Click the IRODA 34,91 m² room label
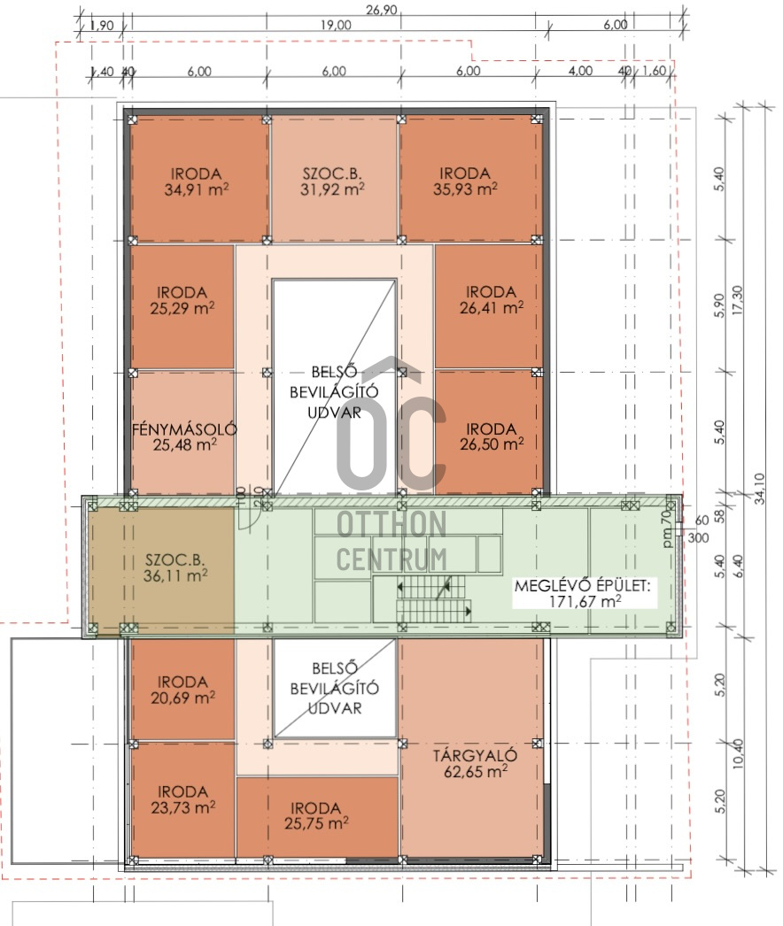197,181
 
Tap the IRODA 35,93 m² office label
465,181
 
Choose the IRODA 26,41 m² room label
492,300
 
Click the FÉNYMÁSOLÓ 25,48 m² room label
184,437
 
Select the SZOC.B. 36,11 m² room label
175,568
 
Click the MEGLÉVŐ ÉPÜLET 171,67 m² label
583,593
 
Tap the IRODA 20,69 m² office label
182,691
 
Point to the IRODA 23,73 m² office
182,799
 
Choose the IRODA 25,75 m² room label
316,816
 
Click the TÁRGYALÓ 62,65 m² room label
476,764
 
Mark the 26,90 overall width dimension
381,10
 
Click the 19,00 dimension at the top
336,26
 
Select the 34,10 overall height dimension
760,489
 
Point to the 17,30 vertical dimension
738,301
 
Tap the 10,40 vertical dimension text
738,754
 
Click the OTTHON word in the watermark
391,524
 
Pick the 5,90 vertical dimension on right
719,305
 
